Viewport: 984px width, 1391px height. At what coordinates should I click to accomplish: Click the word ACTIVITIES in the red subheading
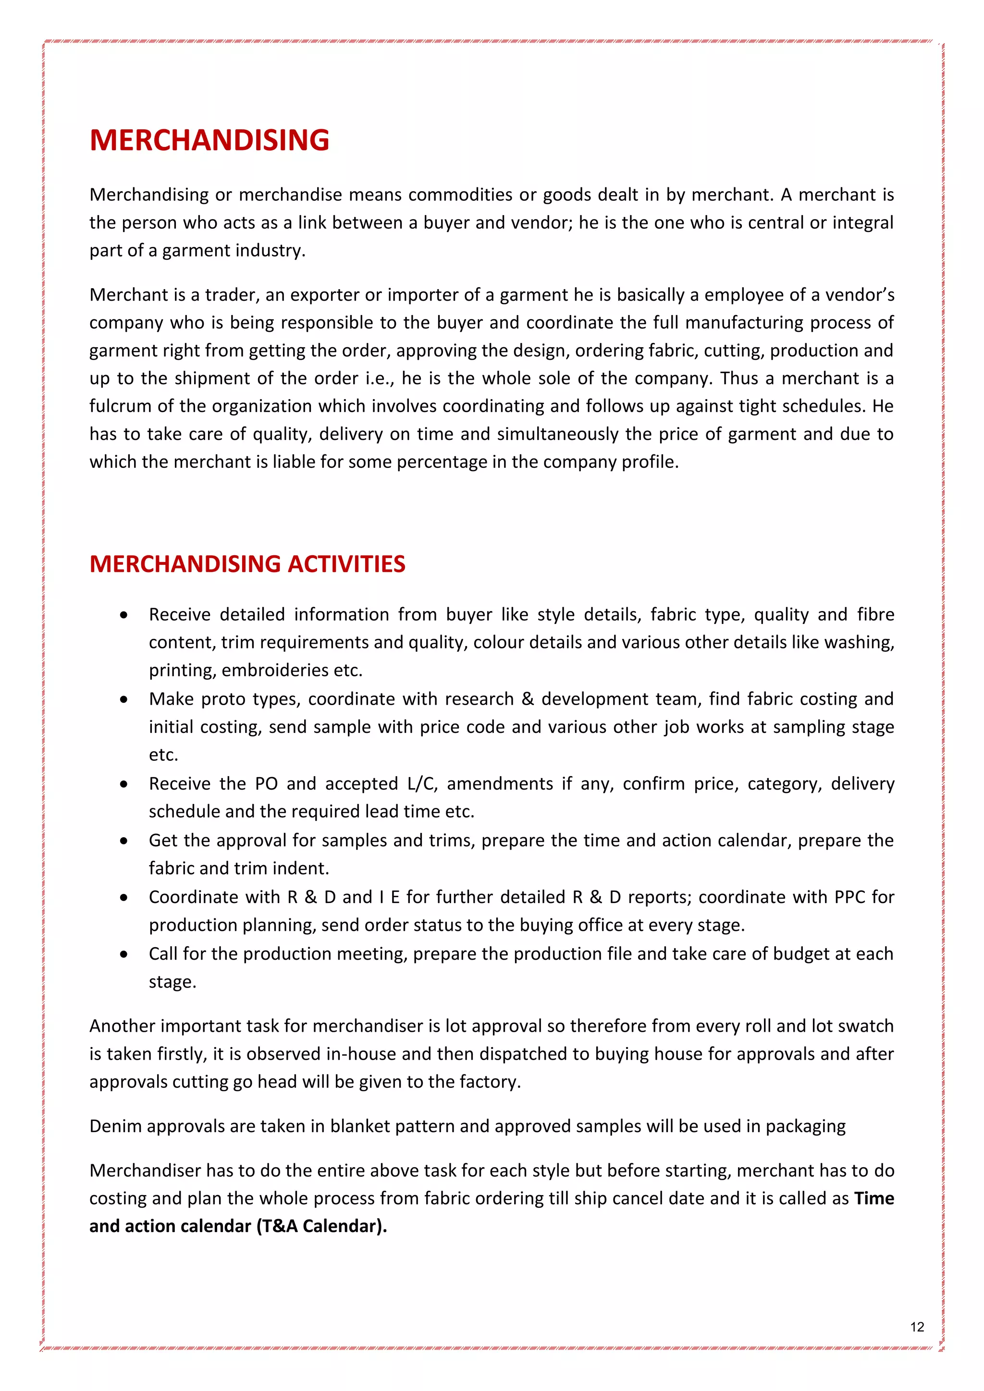point(346,564)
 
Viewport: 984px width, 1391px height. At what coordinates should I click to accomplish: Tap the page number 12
point(917,1327)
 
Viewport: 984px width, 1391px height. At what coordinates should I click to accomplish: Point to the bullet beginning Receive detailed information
point(521,614)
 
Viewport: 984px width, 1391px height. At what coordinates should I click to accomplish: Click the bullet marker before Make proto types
point(123,699)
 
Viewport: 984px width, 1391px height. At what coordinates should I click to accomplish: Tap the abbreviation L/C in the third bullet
point(422,783)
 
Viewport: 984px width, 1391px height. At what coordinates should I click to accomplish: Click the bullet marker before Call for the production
point(123,954)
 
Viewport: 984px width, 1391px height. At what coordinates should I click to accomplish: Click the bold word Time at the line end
point(873,1198)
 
